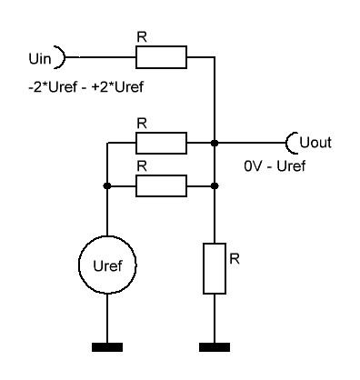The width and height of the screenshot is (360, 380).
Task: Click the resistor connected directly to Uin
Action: tap(161, 59)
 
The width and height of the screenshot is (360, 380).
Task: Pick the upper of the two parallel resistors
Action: tap(161, 143)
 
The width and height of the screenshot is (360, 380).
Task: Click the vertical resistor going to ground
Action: tap(215, 268)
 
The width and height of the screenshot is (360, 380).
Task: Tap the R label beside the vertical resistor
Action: tap(235, 259)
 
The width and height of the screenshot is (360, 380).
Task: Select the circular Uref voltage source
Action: tap(108, 266)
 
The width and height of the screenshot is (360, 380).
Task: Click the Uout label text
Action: tap(316, 143)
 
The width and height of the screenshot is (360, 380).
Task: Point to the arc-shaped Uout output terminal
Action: tap(291, 143)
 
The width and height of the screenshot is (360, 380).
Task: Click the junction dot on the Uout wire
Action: tap(215, 143)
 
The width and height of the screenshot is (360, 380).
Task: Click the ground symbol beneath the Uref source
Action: tap(108, 346)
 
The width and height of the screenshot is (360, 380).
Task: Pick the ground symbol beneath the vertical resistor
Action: tap(215, 346)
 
